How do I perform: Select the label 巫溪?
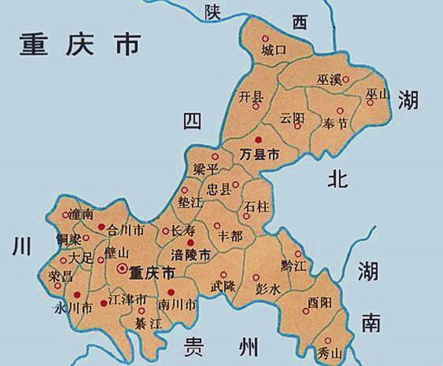tap(329, 80)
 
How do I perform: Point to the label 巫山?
tap(378, 94)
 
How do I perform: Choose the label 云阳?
tap(292, 117)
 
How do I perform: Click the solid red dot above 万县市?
tap(258, 140)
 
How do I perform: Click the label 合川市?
tap(126, 231)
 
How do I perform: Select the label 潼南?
tap(81, 214)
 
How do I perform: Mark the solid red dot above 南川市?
tap(171, 292)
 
